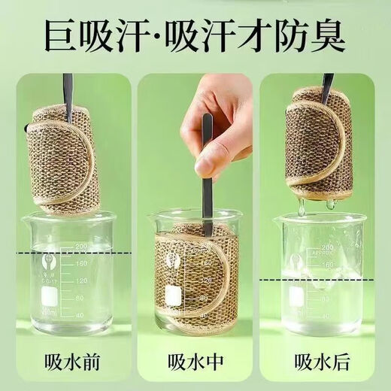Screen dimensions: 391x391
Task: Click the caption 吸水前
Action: point(72,362)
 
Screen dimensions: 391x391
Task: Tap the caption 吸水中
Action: point(195,362)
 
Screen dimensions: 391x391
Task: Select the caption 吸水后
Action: point(322,362)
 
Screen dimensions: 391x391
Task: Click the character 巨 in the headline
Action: point(61,36)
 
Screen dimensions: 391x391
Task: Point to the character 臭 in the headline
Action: point(329,36)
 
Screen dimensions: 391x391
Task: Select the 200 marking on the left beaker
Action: point(80,246)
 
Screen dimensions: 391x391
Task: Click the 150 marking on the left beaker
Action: point(80,263)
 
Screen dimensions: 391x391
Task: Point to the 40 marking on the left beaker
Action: point(80,315)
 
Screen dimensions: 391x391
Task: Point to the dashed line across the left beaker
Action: point(74,253)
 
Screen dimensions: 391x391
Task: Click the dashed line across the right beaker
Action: point(317,280)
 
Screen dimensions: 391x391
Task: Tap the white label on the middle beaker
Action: point(173,296)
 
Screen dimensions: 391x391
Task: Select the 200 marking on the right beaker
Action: point(326,248)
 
